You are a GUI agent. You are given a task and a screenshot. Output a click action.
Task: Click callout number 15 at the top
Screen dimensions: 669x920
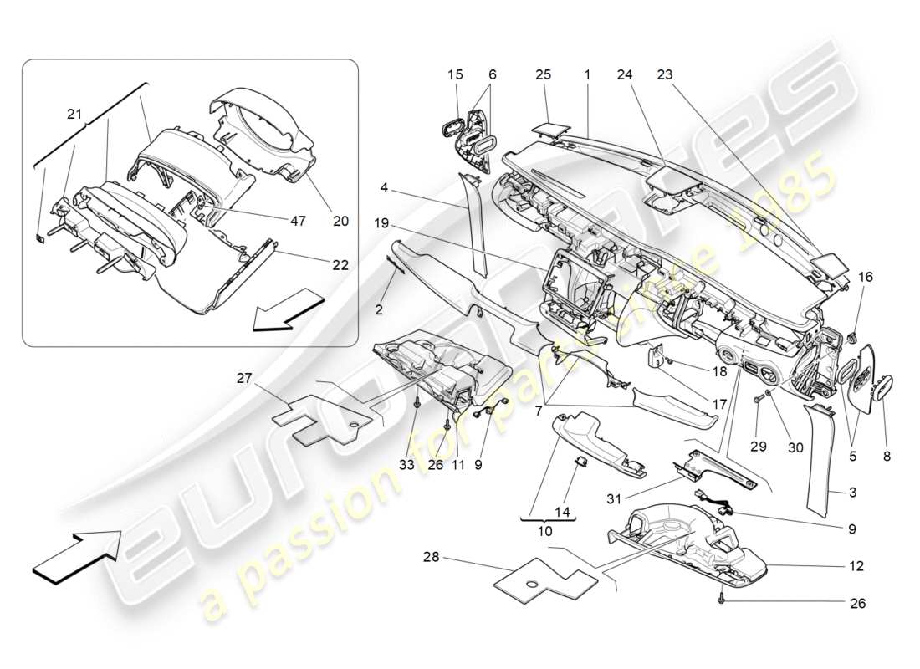click(x=455, y=74)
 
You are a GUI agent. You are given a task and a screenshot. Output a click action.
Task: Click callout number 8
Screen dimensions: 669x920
click(x=886, y=457)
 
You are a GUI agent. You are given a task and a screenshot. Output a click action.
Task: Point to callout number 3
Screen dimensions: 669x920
click(x=852, y=493)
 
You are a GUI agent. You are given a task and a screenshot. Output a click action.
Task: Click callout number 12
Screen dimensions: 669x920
click(x=856, y=566)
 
